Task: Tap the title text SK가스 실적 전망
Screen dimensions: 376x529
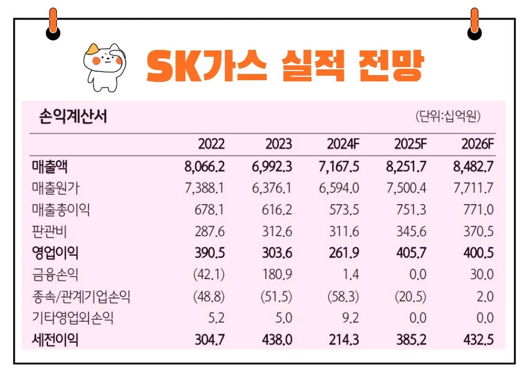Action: pyautogui.click(x=284, y=66)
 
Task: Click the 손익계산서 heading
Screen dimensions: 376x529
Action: pyautogui.click(x=73, y=117)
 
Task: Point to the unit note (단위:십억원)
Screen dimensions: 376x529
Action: pyautogui.click(x=448, y=117)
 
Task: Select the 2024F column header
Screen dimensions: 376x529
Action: pyautogui.click(x=343, y=144)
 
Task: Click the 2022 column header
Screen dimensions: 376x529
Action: pyautogui.click(x=211, y=144)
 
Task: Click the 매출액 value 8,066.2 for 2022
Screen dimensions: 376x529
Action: pyautogui.click(x=205, y=166)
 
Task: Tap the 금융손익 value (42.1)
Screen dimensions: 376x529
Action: pyautogui.click(x=209, y=275)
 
